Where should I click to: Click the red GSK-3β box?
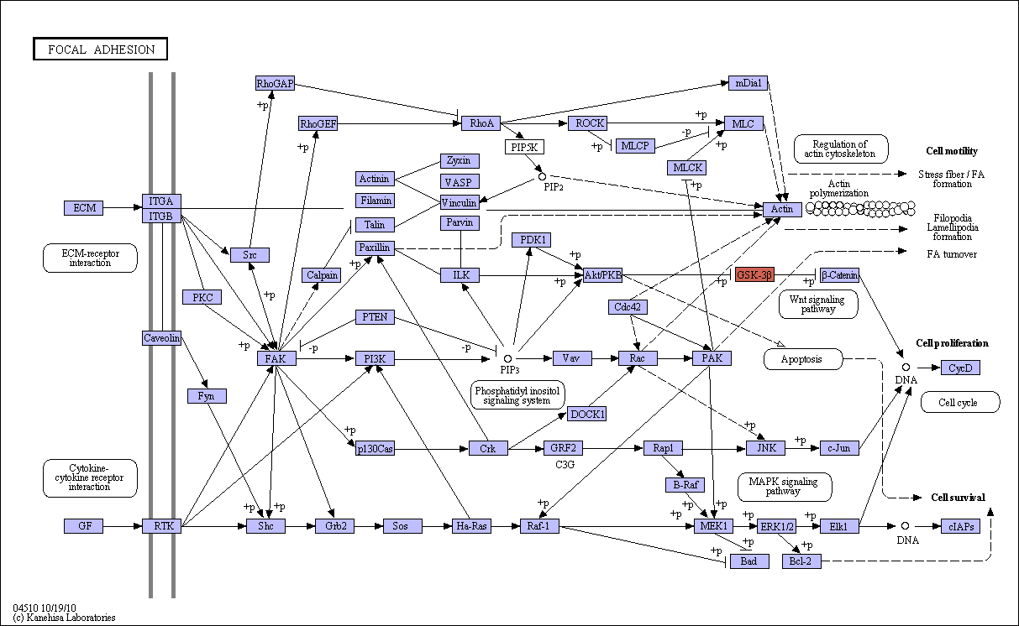754,275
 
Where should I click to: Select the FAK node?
276,358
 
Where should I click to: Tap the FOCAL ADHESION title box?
101,49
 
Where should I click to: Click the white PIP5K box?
524,147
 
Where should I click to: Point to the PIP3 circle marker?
507,359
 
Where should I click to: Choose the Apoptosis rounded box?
803,359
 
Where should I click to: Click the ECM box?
84,208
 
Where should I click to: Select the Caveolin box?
161,338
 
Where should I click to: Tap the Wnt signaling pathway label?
818,304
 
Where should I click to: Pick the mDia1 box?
748,83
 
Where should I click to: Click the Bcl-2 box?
801,561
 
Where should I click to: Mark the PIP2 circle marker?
542,176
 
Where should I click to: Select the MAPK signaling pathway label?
785,487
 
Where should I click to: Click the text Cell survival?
958,498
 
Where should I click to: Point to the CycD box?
960,368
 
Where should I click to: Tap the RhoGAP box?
275,83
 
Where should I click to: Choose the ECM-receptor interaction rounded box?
90,258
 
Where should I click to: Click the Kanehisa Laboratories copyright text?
64,618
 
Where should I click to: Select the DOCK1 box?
587,414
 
